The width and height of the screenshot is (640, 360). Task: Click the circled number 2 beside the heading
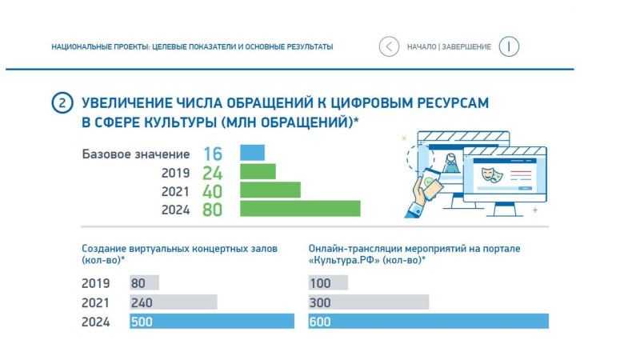(62, 103)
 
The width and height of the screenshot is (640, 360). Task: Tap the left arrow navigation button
(389, 46)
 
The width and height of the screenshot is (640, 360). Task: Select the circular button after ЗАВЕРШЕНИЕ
(509, 46)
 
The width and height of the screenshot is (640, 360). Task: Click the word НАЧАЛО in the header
(422, 47)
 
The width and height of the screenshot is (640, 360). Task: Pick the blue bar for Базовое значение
(252, 153)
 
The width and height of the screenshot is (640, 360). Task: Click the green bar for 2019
(258, 171)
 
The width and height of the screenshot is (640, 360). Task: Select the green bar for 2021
(270, 190)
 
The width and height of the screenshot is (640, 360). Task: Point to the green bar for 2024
(300, 209)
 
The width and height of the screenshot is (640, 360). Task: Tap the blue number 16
(213, 154)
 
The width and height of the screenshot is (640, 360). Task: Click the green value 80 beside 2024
(212, 210)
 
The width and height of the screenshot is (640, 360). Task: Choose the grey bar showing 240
(174, 302)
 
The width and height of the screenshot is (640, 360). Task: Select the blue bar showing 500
(212, 322)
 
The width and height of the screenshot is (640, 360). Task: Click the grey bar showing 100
(328, 283)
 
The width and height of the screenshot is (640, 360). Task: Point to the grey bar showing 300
(369, 302)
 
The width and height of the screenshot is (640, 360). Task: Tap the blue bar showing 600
(429, 322)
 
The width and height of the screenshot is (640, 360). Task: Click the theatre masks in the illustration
(492, 174)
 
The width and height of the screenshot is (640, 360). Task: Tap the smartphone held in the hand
(431, 185)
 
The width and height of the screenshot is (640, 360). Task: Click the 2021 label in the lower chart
(95, 303)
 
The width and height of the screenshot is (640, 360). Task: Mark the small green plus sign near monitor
(535, 210)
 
